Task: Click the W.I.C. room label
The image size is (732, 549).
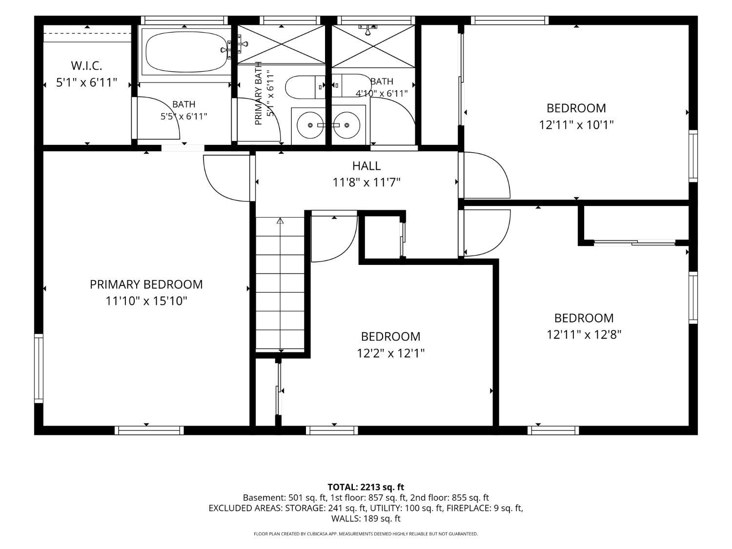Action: click(x=86, y=66)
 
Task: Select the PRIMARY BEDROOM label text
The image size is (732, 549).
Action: click(x=146, y=285)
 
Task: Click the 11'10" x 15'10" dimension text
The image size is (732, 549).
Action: click(x=146, y=301)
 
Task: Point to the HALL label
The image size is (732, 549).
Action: click(x=366, y=165)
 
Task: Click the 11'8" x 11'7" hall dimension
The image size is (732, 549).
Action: click(x=366, y=183)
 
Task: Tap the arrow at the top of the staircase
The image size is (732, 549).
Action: click(x=280, y=221)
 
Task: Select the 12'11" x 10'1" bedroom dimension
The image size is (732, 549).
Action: click(x=576, y=125)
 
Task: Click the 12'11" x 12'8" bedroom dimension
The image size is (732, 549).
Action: click(x=584, y=334)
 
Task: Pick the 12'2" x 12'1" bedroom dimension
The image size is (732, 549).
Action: click(x=390, y=353)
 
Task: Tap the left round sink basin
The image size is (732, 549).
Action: click(x=310, y=125)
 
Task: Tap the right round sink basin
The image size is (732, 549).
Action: click(x=346, y=125)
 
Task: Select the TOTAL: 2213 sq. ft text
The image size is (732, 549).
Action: click(x=366, y=488)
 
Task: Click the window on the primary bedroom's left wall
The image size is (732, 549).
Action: click(x=39, y=368)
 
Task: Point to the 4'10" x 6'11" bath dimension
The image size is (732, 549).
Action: click(x=382, y=93)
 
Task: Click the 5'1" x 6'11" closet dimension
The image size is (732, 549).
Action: click(x=86, y=82)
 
